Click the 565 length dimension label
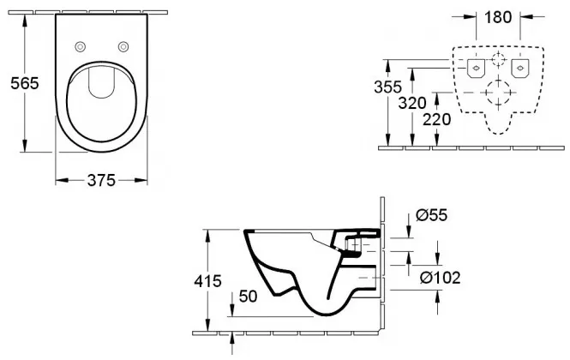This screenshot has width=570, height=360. click(x=24, y=84)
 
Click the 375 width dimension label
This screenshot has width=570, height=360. click(x=101, y=180)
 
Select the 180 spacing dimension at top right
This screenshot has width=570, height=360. click(x=498, y=17)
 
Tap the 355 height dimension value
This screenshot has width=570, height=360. click(x=388, y=87)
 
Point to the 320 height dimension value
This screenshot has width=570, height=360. click(x=412, y=103)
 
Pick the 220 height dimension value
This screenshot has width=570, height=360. click(x=436, y=119)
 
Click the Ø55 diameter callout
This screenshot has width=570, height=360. click(x=431, y=215)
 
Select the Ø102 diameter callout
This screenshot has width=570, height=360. click(x=441, y=279)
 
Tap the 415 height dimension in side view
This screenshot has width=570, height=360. click(x=207, y=281)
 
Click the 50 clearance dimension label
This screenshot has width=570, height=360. click(x=248, y=297)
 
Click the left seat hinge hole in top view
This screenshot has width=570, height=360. click(x=81, y=46)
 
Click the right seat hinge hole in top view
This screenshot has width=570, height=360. click(x=123, y=46)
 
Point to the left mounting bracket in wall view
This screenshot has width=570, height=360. click(x=476, y=68)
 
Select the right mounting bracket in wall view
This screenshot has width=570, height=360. click(x=520, y=68)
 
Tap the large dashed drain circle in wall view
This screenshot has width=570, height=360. click(x=498, y=93)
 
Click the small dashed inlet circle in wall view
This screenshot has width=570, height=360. click(x=498, y=59)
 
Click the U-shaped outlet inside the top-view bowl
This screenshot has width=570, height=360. click(x=102, y=83)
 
